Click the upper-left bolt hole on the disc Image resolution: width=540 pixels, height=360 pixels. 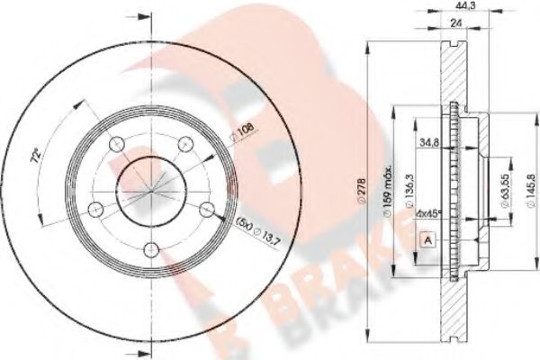[114, 144]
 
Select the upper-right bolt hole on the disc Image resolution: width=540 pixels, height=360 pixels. [186, 142]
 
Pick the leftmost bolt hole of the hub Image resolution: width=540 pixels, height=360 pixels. [94, 211]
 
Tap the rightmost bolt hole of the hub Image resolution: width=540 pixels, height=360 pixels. [207, 211]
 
